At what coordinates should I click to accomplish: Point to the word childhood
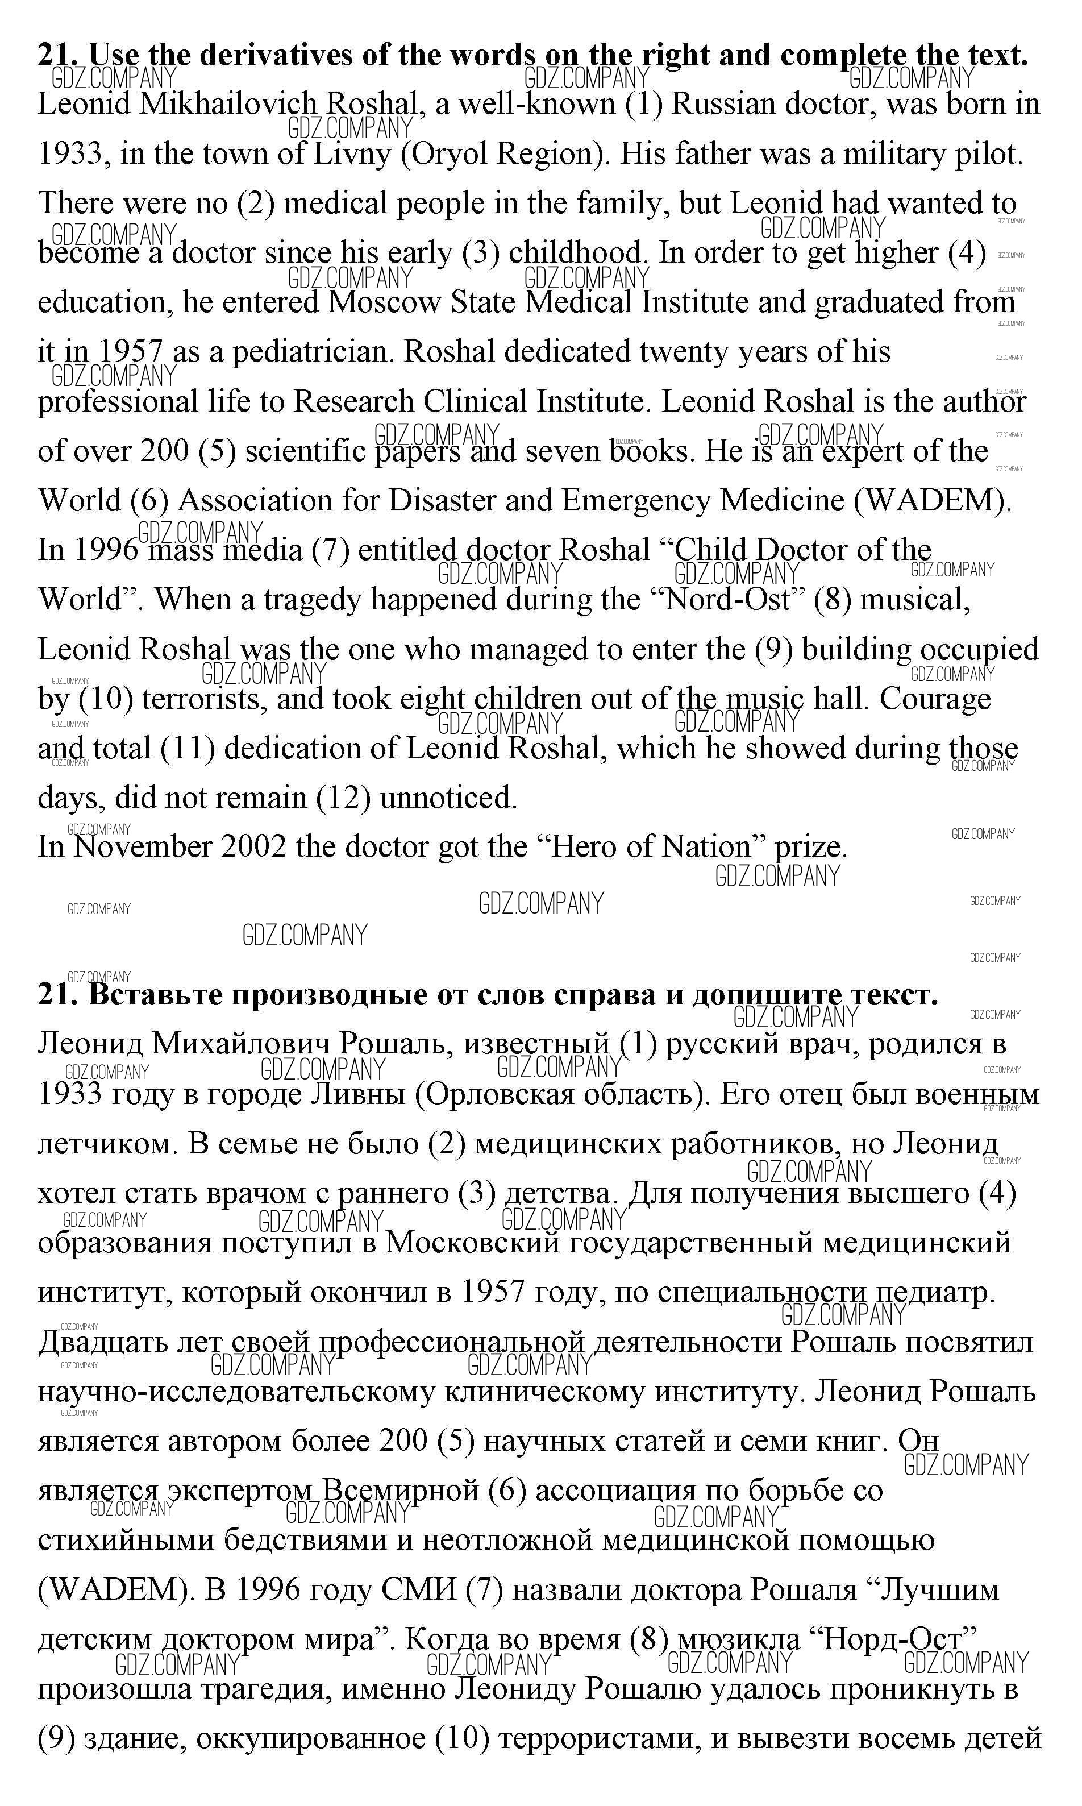pos(577,253)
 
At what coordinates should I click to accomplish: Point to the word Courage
pos(935,699)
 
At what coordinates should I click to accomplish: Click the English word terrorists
pos(203,699)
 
